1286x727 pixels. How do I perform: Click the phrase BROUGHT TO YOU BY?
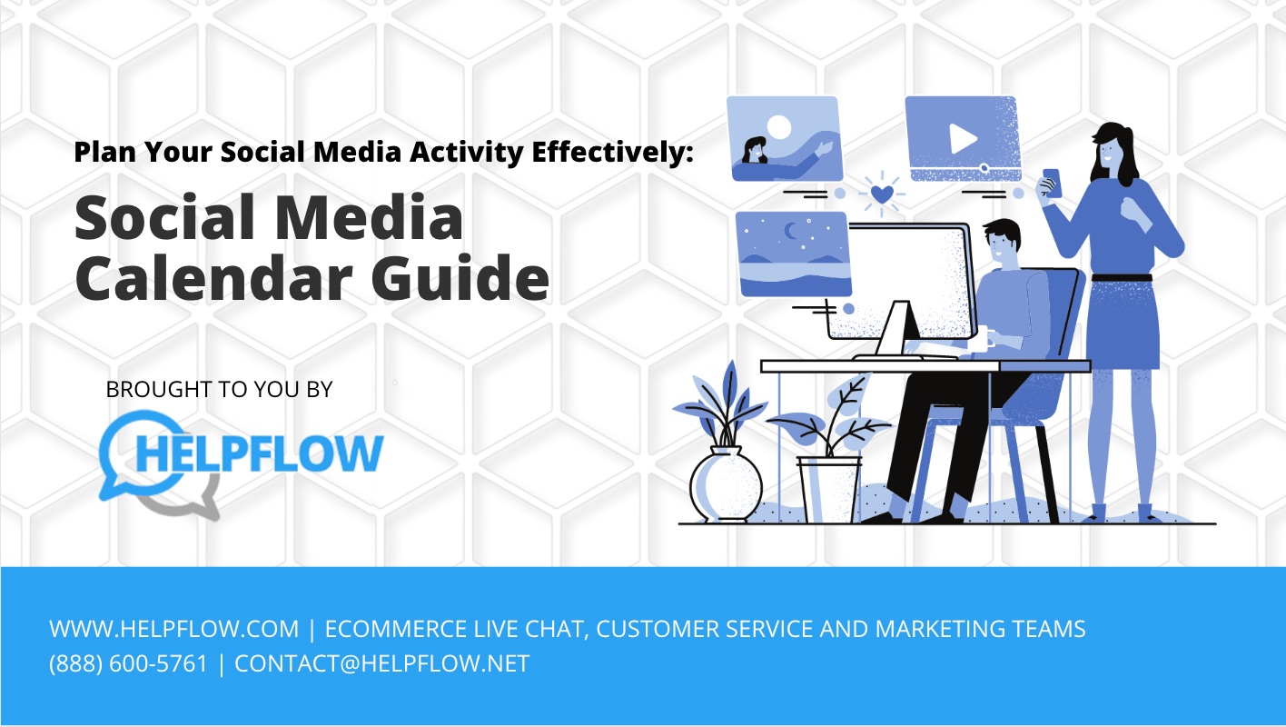click(x=219, y=390)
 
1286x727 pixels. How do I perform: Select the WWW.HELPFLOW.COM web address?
click(x=173, y=629)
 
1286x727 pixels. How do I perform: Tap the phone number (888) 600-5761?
click(x=128, y=664)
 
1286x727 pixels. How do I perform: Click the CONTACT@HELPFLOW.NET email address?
click(x=381, y=664)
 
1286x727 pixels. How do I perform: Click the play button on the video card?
click(x=962, y=138)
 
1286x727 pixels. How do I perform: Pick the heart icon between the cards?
click(x=880, y=194)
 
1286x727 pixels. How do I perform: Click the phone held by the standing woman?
click(x=1051, y=181)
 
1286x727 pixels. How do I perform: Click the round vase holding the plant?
click(x=724, y=481)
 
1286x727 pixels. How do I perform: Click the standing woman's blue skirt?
click(x=1123, y=323)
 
